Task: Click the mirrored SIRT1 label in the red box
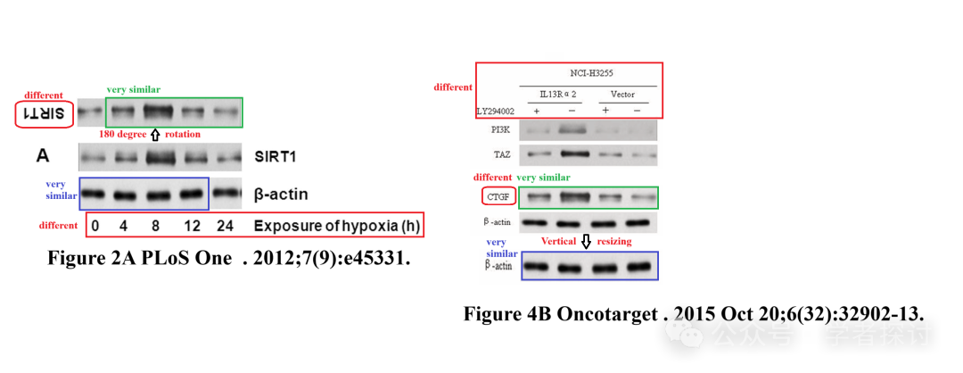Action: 44,114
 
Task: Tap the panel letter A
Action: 43,156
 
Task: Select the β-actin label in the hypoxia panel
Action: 286,193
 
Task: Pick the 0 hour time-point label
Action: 95,226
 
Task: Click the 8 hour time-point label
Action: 155,226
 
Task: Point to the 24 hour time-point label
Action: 225,226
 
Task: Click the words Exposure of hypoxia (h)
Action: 336,226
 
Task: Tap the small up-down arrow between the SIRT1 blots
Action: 155,134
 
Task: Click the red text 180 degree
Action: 123,134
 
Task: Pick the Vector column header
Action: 622,94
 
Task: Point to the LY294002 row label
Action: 497,110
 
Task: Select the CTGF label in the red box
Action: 498,195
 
